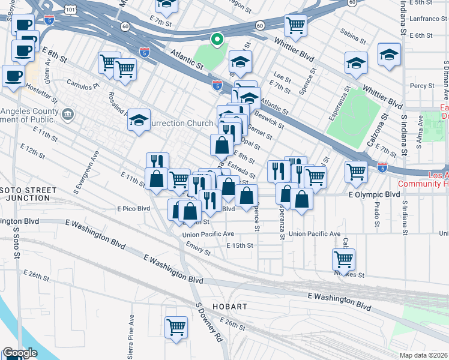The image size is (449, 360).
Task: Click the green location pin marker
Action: (217, 40)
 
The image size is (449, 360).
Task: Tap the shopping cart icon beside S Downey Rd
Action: (176, 328)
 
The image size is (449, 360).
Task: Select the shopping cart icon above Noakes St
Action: (343, 259)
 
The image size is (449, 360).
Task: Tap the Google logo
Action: (20, 353)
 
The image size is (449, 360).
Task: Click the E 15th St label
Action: (240, 245)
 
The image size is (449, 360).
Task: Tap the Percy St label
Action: (418, 86)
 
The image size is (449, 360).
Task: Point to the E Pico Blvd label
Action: (133, 208)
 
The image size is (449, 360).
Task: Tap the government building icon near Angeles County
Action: (68, 113)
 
